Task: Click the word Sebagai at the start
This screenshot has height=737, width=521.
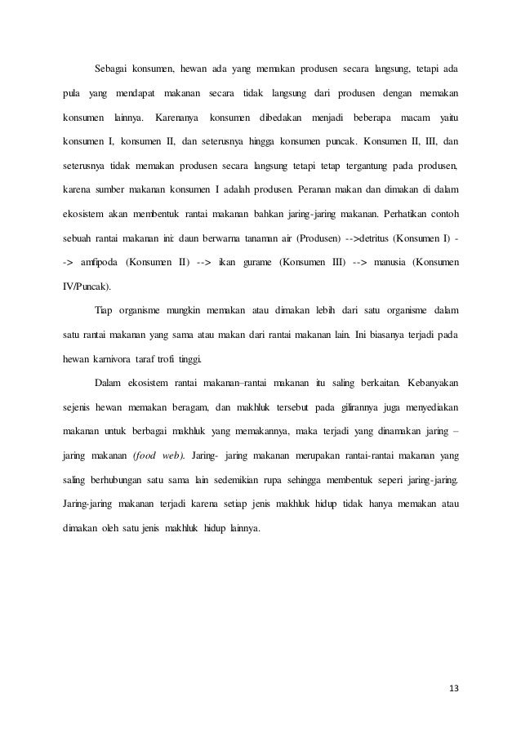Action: [x=112, y=65]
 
